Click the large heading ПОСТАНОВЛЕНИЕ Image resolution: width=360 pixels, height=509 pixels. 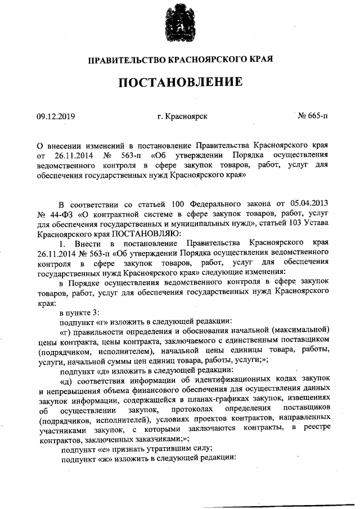pyautogui.click(x=180, y=82)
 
